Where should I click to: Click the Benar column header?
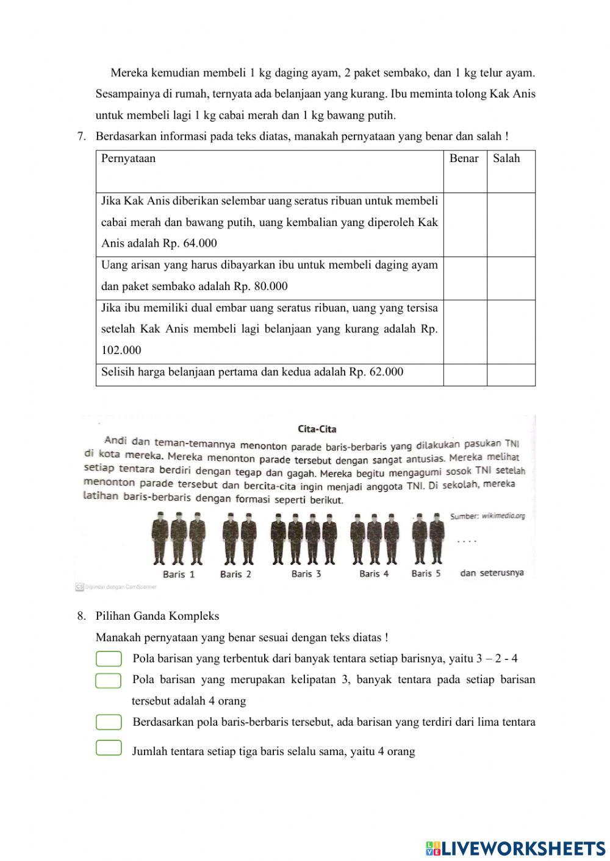click(x=464, y=158)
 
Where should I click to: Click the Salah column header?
click(x=506, y=158)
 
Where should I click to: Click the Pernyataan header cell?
click(x=129, y=158)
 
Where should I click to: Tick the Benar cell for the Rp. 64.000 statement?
click(x=465, y=224)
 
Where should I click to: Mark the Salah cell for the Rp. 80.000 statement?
click(x=511, y=278)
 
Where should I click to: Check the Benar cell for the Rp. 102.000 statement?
click(x=465, y=331)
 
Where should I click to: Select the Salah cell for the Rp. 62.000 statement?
click(x=511, y=375)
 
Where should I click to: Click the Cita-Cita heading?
click(x=317, y=429)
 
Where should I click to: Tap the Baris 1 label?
click(x=179, y=574)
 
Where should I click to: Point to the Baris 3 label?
click(x=306, y=573)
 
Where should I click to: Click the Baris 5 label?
click(x=426, y=573)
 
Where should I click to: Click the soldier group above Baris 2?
click(x=236, y=539)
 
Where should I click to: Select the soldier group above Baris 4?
click(x=374, y=539)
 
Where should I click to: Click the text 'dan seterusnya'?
click(x=492, y=573)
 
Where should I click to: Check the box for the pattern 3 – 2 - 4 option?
click(x=109, y=659)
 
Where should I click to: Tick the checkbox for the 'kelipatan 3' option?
click(x=109, y=680)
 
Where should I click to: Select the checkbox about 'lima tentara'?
click(x=109, y=722)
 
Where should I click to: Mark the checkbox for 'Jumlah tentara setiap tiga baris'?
click(x=109, y=748)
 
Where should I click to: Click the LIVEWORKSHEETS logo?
click(x=515, y=848)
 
